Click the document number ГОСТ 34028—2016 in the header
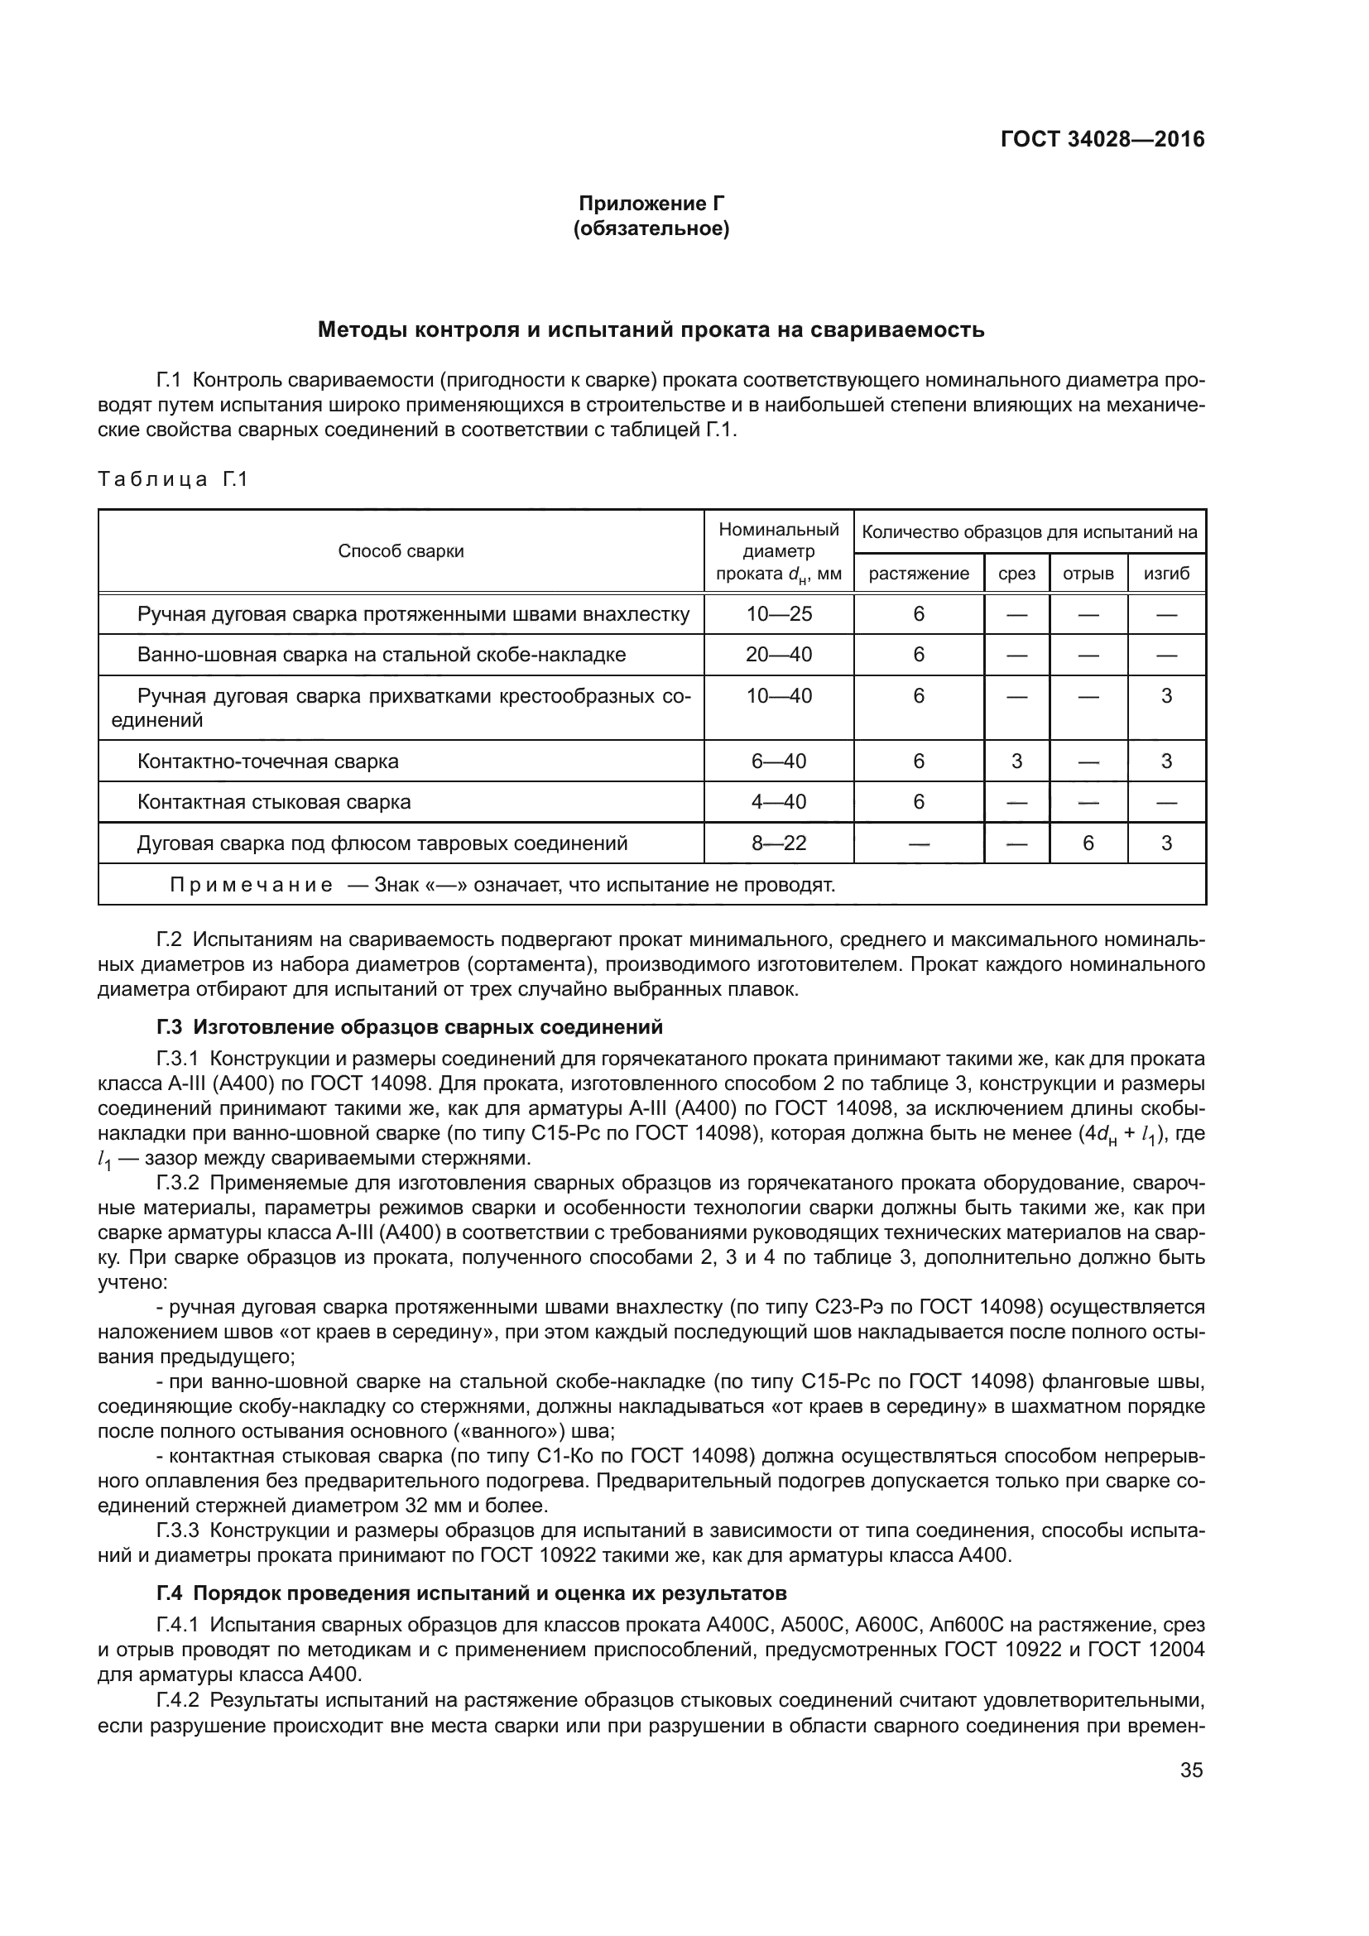(x=1102, y=139)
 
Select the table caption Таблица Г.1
(x=173, y=480)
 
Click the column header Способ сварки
(x=401, y=551)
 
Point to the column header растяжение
(x=918, y=574)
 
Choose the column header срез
(x=1016, y=574)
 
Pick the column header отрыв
(x=1088, y=574)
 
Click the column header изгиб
(x=1166, y=574)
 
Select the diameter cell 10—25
(x=778, y=614)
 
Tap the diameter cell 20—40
(x=778, y=655)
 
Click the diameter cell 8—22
(x=778, y=843)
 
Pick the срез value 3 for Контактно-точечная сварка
(x=1016, y=761)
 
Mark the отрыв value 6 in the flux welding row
(x=1088, y=843)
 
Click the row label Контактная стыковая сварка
(x=274, y=802)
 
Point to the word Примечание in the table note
(x=250, y=886)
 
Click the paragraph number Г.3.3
(x=177, y=1530)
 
